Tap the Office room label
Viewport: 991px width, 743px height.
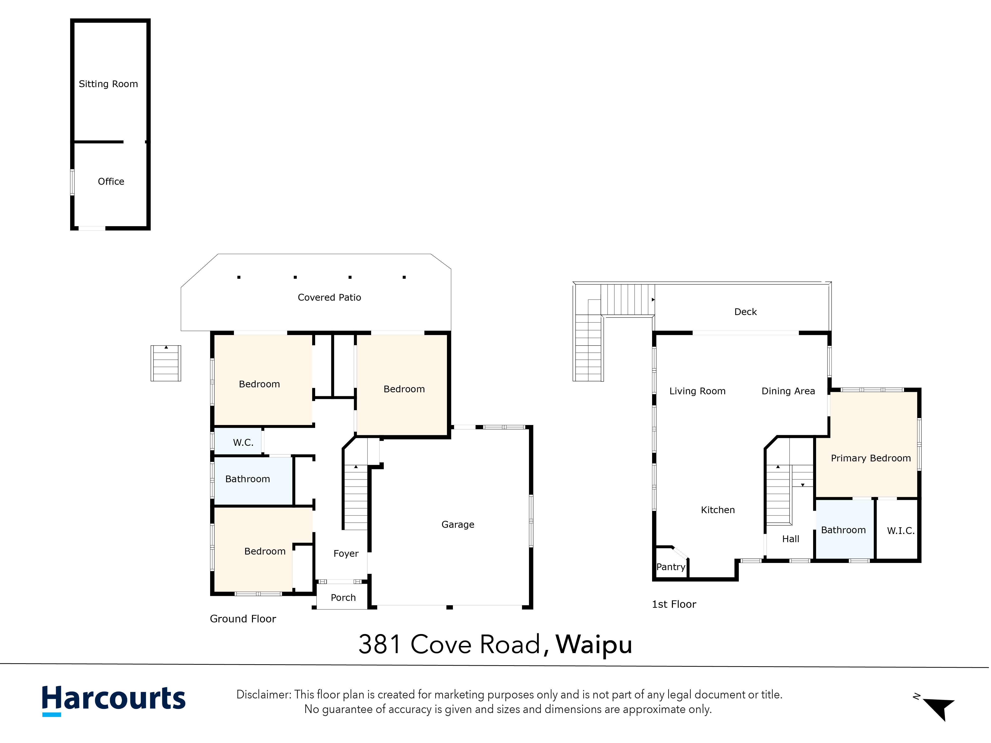point(111,181)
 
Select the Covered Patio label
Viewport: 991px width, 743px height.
point(329,297)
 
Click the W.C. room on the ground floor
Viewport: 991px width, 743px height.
point(243,443)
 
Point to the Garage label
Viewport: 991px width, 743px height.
point(458,525)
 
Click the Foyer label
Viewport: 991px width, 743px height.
point(346,554)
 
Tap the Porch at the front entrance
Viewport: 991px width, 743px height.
point(343,597)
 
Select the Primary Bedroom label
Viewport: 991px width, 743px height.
point(871,458)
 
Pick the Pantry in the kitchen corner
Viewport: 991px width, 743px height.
point(671,567)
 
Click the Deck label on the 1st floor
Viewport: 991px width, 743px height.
point(745,312)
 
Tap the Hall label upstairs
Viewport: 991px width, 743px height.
point(791,539)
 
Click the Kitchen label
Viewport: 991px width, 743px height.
point(718,510)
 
